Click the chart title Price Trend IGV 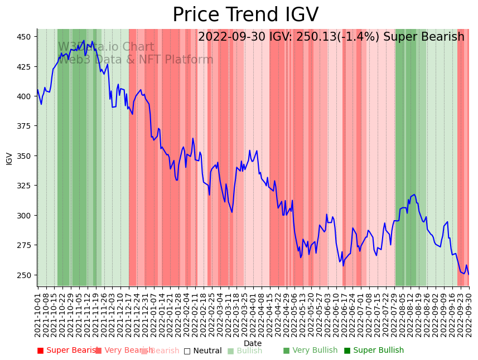pos(245,15)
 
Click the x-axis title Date pos(253,344)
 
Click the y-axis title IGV pos(9,158)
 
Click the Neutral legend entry pos(207,351)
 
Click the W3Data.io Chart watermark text pos(106,47)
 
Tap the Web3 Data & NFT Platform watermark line pos(136,60)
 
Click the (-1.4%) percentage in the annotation pos(356,37)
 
